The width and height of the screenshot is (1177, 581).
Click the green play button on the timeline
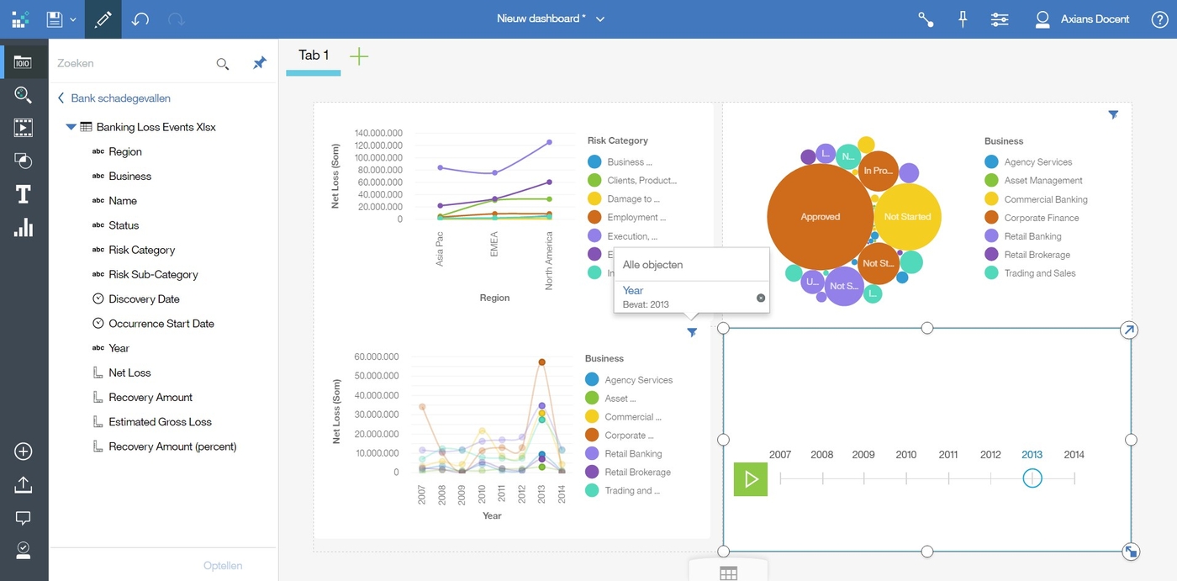(750, 479)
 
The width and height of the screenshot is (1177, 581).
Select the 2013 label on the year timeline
(1032, 455)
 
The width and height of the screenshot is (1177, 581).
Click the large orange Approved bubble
(820, 217)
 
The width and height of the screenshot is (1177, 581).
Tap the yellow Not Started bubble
(908, 217)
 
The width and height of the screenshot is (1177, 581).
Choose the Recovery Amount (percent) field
(172, 446)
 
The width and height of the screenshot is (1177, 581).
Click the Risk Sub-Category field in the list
(153, 274)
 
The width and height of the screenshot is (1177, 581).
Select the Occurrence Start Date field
(161, 324)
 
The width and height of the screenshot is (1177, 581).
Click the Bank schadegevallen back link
(120, 98)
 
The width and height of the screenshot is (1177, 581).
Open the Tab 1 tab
(314, 55)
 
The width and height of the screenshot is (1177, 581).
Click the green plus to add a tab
(359, 56)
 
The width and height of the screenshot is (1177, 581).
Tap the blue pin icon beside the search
(260, 63)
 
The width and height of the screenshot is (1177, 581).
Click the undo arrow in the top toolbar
(140, 18)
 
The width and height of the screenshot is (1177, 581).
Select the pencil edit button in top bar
(103, 18)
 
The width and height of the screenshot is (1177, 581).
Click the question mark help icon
(1159, 19)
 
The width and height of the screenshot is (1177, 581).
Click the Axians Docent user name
(1095, 18)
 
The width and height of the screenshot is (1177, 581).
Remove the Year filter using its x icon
(761, 298)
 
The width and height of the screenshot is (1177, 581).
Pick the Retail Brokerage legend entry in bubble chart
(1037, 255)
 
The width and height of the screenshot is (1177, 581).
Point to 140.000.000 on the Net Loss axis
(378, 133)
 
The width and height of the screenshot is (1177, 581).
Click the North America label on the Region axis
(549, 261)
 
